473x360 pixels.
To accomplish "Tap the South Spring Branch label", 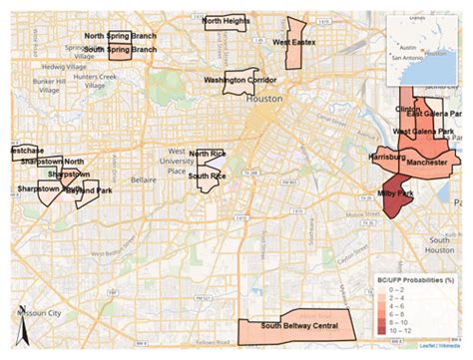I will [x=120, y=48].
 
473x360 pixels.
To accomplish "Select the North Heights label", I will [x=227, y=20].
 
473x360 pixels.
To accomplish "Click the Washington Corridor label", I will [x=239, y=79].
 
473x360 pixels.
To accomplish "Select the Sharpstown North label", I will [x=52, y=161].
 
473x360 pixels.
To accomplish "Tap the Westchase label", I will [x=22, y=150].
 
